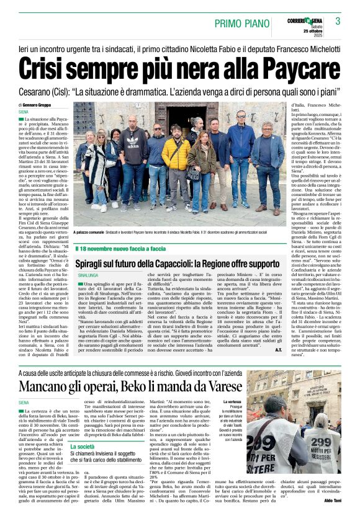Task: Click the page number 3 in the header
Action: click(x=338, y=21)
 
